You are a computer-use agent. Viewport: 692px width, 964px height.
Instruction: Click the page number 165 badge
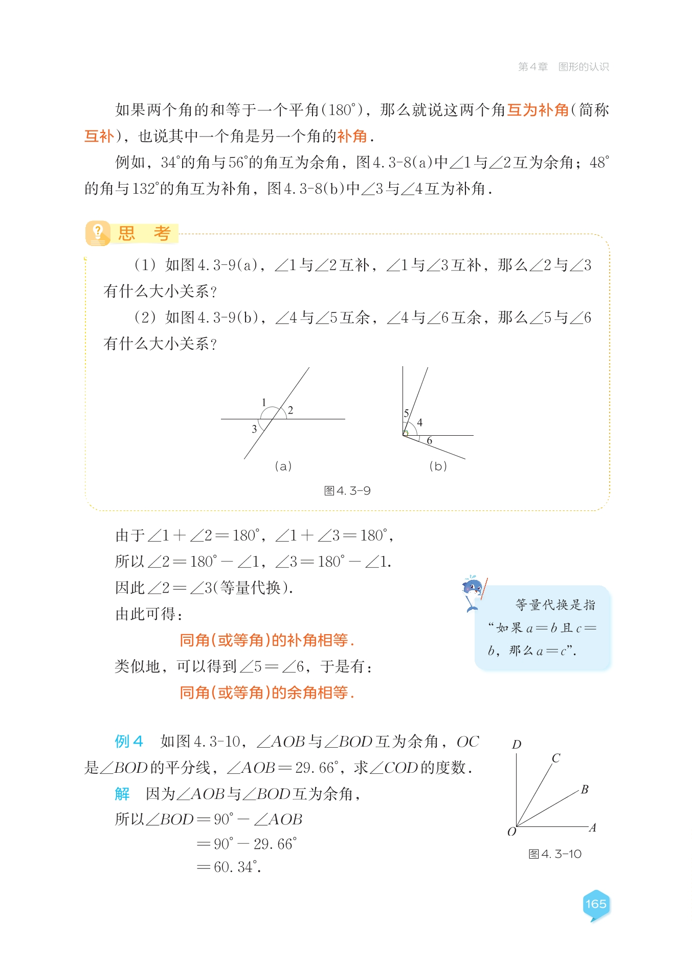596,904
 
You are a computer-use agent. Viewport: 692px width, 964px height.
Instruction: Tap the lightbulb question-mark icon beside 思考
97,233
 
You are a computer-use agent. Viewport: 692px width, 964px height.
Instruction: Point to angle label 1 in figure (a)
264,402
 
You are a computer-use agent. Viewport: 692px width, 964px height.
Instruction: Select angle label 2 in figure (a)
291,410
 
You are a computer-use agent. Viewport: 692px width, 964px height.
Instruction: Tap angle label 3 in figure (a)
254,429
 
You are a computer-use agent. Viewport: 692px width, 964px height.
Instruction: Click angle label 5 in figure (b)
407,413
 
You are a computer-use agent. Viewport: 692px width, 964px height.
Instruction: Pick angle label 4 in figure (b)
420,422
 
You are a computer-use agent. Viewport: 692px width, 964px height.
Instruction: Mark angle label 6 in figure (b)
430,440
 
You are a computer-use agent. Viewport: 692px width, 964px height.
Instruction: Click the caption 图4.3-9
347,491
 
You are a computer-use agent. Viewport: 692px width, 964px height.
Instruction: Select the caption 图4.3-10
555,854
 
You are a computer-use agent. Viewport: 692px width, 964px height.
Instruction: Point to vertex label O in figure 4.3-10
511,832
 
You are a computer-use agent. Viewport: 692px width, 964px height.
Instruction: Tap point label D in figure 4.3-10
517,745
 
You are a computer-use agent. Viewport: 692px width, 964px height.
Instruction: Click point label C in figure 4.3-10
556,758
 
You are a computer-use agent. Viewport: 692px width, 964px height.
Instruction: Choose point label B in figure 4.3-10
585,790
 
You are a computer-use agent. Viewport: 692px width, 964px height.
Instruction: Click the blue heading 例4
129,741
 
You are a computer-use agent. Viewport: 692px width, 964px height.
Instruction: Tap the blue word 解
122,794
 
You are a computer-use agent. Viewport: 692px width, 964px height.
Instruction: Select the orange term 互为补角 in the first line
538,110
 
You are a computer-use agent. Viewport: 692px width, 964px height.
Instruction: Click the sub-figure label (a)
283,466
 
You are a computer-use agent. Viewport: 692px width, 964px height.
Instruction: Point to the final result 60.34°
237,867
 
